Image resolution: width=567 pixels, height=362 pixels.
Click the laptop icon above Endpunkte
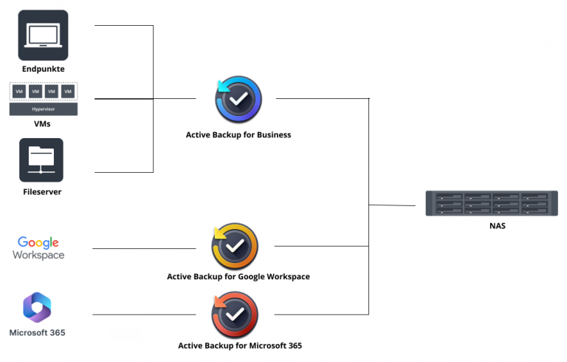click(43, 35)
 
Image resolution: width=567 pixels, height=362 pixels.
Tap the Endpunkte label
click(43, 69)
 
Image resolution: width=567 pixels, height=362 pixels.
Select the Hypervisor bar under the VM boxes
click(44, 109)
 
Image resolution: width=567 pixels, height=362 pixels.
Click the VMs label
click(42, 123)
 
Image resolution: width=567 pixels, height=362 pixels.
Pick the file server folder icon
click(41, 160)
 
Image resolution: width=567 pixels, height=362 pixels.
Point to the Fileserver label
click(42, 191)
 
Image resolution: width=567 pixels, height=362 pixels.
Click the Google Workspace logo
click(39, 247)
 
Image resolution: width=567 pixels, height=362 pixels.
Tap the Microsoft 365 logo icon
click(37, 307)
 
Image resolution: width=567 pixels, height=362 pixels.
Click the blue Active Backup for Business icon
click(238, 100)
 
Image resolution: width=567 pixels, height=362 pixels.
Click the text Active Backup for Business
click(238, 135)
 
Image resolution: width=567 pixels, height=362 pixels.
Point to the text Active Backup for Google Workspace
click(238, 277)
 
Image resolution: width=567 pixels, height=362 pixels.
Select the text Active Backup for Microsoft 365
click(240, 345)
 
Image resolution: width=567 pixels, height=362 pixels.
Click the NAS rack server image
click(487, 202)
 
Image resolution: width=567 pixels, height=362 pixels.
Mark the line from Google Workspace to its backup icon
click(144, 249)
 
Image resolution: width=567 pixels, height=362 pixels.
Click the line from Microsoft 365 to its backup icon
click(144, 315)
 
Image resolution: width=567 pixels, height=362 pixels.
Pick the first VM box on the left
click(19, 92)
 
